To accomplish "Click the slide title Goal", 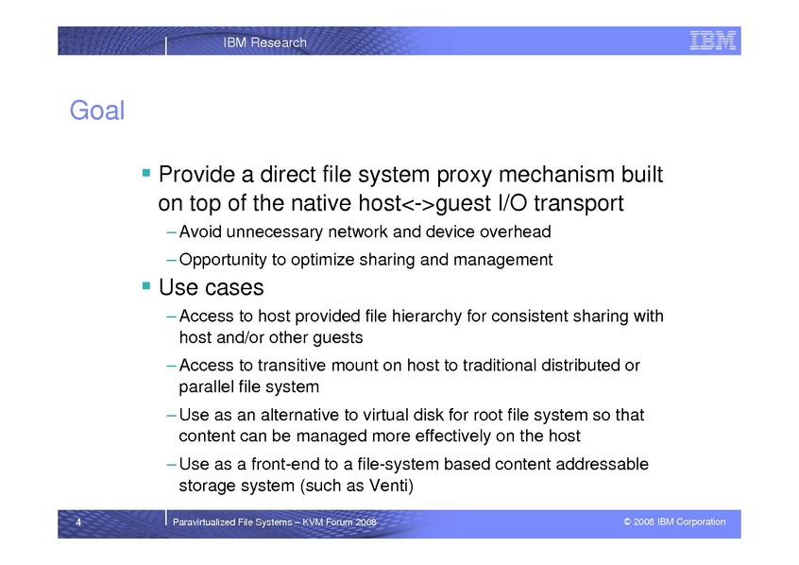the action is (97, 111).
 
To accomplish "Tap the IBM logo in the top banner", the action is (712, 41).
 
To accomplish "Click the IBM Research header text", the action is (265, 43).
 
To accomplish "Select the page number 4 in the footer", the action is (78, 522).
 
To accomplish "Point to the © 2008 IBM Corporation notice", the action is (674, 522).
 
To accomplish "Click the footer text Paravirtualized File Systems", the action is (232, 522).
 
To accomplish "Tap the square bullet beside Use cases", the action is (146, 285).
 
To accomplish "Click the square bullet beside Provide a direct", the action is (146, 172).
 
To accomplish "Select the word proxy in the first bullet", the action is (465, 176).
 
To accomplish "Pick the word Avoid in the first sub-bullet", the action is (200, 232).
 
